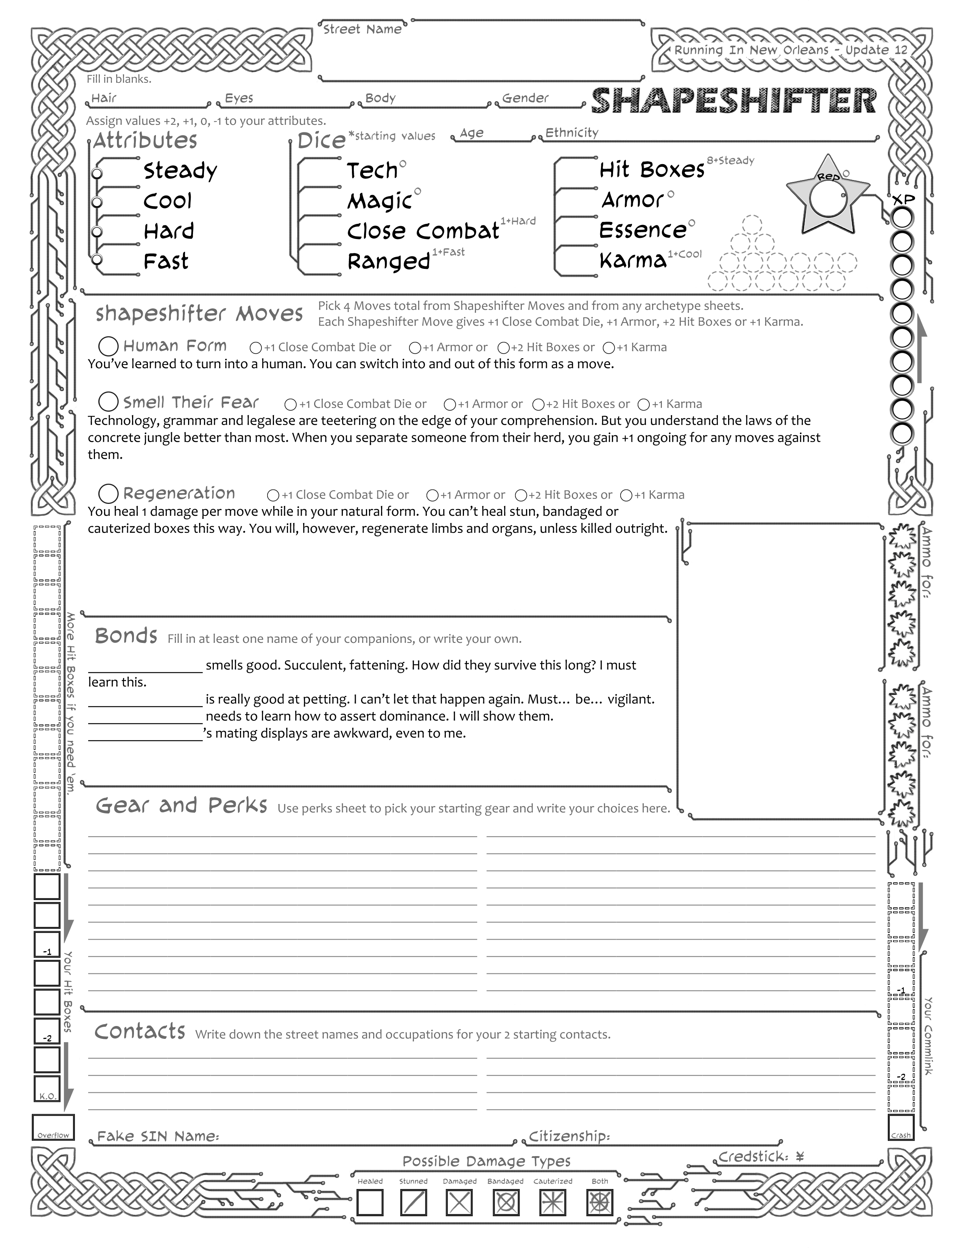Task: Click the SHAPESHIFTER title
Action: coord(733,101)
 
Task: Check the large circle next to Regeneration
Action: coord(109,494)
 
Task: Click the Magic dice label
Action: coord(380,201)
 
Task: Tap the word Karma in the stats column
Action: coord(633,261)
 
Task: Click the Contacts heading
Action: coord(140,1031)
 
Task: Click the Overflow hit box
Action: coord(53,1127)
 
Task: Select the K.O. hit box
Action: coord(47,1090)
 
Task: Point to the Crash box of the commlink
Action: coord(901,1127)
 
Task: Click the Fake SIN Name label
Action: coord(158,1136)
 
